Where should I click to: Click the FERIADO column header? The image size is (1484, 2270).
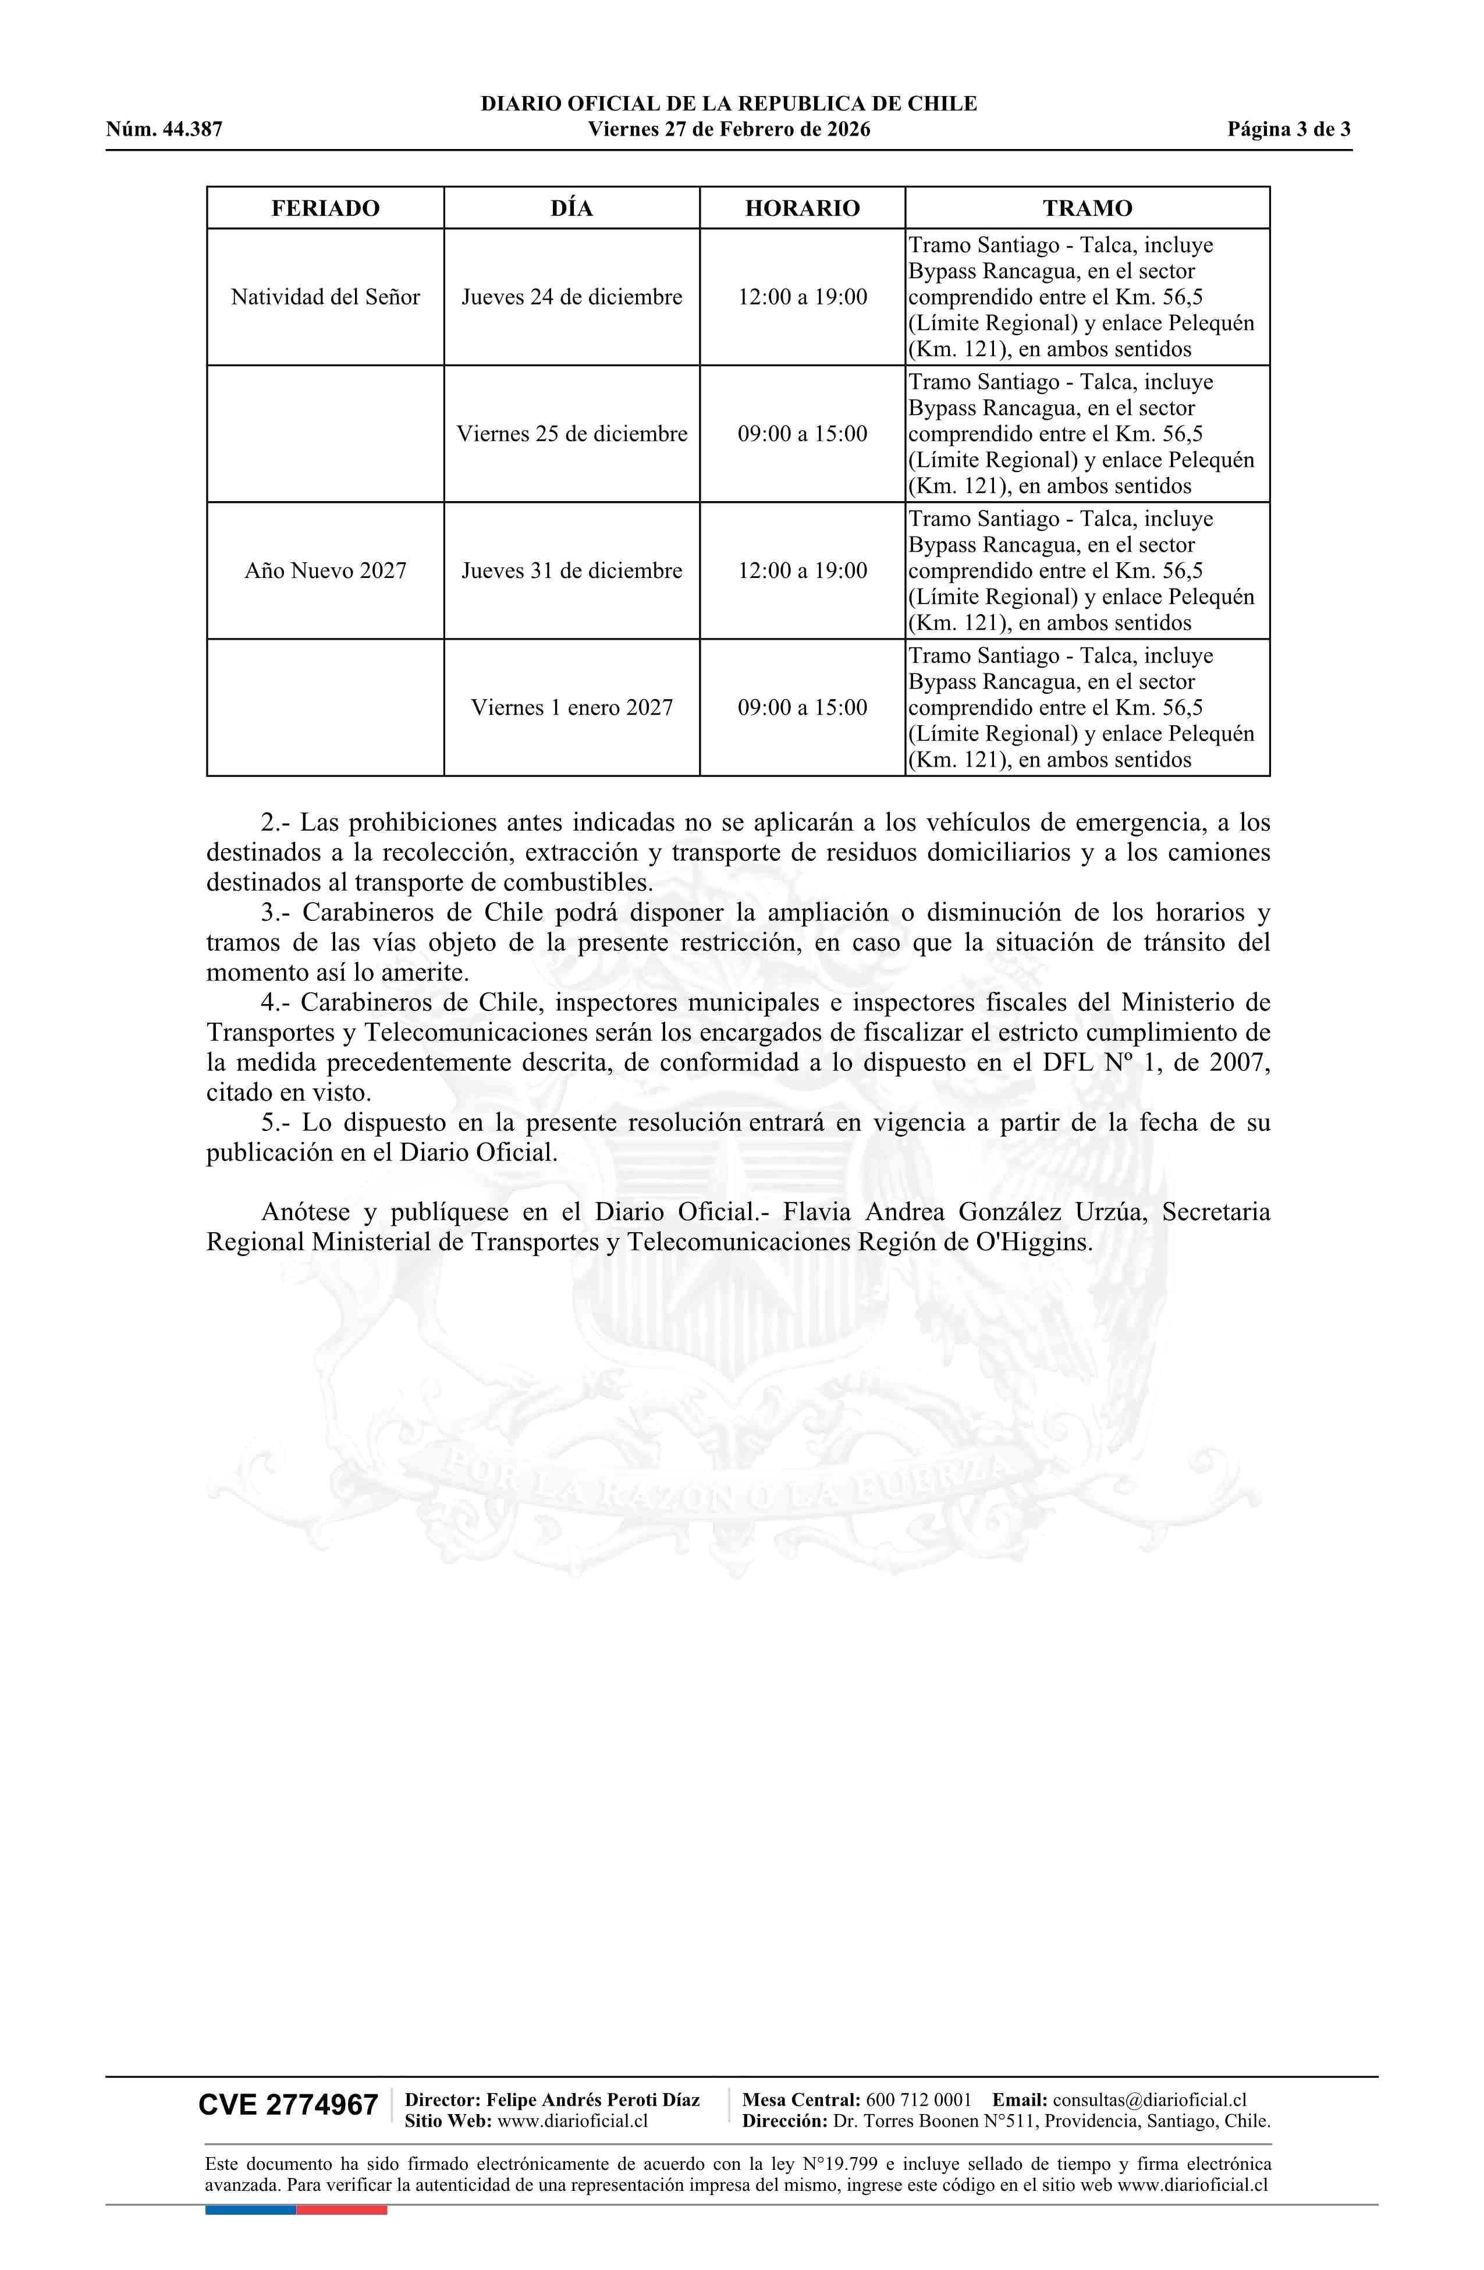325,208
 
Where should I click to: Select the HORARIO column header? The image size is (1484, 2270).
802,208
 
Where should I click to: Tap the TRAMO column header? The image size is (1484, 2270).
1087,208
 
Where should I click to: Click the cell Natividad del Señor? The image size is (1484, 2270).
325,297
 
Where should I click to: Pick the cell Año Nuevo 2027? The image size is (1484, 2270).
325,570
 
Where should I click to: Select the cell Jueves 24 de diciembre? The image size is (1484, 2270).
572,297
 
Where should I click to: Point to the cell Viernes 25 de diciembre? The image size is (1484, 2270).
572,434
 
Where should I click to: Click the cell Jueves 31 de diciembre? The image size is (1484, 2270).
572,570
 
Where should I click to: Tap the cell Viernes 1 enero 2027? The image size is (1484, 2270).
572,708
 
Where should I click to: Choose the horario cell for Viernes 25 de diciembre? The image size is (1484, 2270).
802,434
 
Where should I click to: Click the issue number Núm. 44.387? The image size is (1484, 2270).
164,130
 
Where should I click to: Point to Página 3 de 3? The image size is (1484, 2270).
1288,130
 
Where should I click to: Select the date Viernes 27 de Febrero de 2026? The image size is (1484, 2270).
729,130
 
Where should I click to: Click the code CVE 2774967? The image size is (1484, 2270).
288,2105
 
